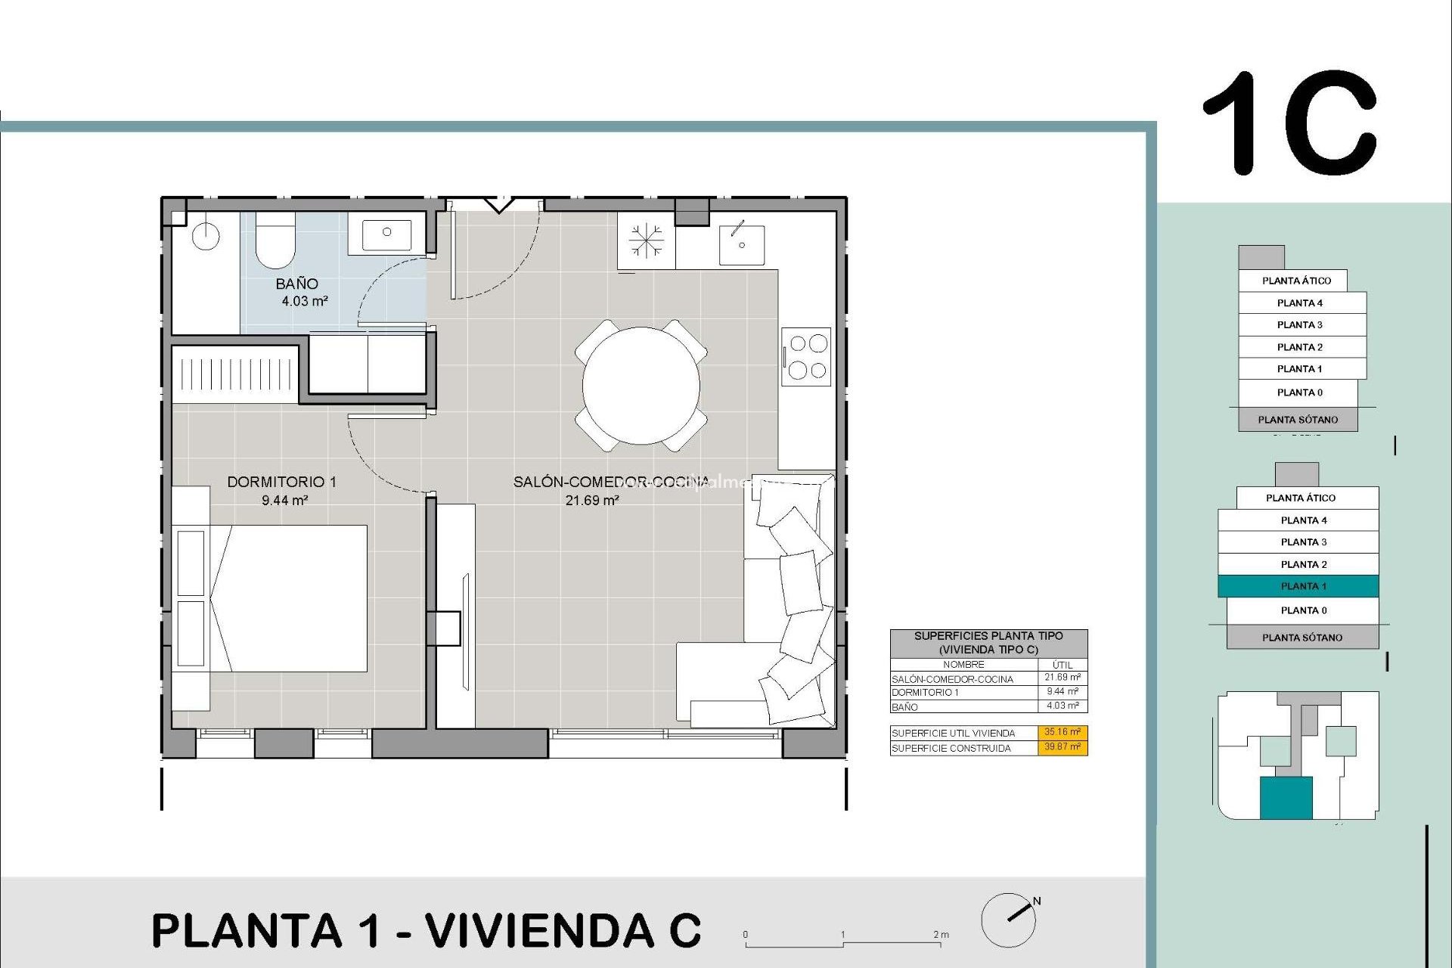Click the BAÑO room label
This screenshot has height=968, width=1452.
(296, 284)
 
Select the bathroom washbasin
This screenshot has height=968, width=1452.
(386, 234)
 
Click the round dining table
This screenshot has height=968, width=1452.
(641, 385)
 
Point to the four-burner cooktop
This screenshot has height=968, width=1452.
(807, 356)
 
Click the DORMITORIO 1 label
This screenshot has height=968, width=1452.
(281, 482)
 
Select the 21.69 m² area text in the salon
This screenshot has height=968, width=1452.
(592, 500)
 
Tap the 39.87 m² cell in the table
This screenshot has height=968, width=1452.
(1063, 747)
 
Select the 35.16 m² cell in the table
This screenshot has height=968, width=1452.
(1063, 732)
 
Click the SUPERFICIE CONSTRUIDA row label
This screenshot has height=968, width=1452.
(951, 749)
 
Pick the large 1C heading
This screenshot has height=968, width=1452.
(1290, 123)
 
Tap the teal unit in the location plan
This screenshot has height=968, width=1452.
(1285, 798)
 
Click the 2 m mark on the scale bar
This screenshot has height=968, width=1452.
(940, 935)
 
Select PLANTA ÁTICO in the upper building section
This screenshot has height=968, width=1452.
(1295, 281)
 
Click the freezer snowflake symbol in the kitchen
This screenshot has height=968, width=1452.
(647, 240)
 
